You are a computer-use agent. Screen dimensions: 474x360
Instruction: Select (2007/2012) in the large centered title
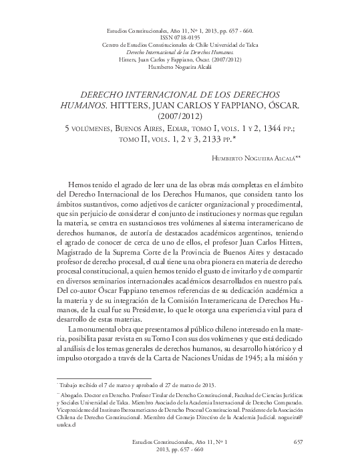[180, 118]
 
